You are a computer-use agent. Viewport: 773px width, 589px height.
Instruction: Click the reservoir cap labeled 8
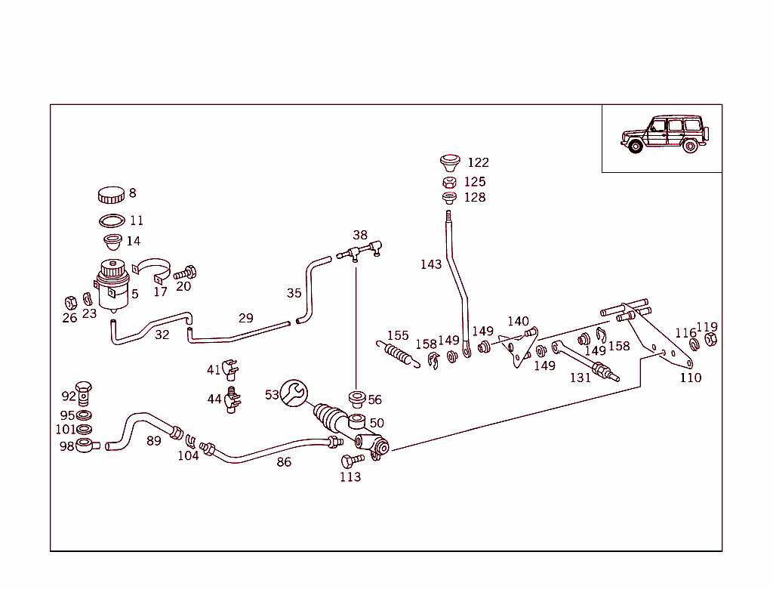(x=111, y=195)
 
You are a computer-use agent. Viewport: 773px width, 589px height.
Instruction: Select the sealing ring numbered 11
(x=112, y=220)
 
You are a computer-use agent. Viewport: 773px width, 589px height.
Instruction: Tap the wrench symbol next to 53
(x=294, y=392)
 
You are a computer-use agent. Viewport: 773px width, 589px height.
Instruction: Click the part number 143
(x=431, y=264)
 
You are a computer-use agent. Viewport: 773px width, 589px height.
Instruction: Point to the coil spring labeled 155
(x=397, y=353)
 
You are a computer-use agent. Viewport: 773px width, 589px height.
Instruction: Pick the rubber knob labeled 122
(x=451, y=162)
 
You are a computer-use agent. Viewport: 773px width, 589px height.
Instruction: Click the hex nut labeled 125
(x=449, y=182)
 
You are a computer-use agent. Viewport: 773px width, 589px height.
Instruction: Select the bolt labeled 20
(x=185, y=273)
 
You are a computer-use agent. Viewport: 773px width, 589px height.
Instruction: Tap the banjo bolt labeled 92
(x=87, y=393)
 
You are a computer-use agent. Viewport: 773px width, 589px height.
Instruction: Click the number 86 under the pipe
(x=284, y=462)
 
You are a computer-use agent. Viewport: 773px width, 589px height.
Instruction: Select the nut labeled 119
(x=710, y=341)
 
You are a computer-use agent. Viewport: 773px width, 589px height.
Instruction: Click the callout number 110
(x=690, y=378)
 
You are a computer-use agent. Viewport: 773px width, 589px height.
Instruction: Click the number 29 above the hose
(x=246, y=318)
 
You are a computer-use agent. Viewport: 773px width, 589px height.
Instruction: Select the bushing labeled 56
(x=356, y=398)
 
